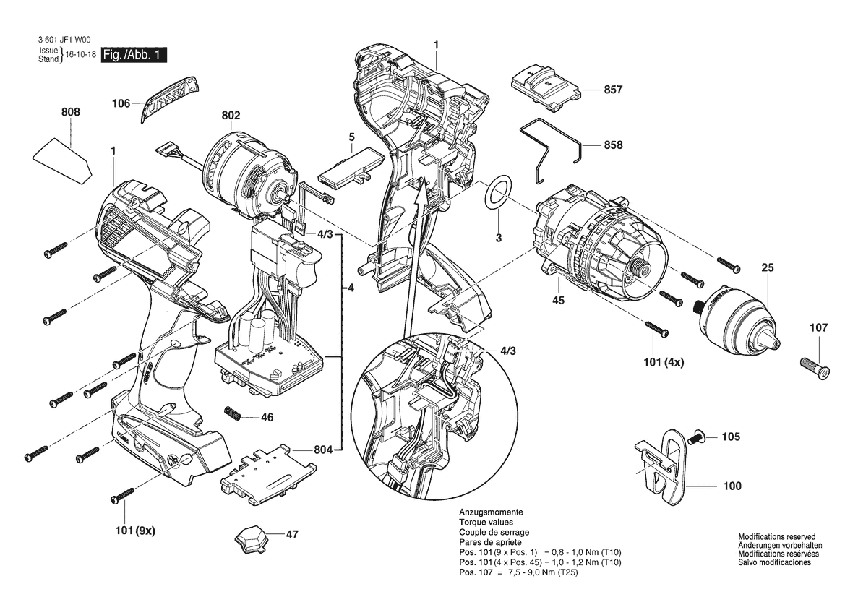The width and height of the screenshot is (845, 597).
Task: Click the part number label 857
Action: [613, 90]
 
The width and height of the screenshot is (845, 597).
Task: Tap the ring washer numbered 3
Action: [497, 192]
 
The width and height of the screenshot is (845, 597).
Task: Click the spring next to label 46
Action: [233, 415]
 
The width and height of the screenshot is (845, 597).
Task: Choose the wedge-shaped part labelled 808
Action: [62, 161]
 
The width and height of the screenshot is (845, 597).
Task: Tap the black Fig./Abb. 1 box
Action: [134, 55]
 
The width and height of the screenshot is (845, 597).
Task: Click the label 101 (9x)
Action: [135, 531]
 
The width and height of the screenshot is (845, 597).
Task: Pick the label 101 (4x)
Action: [664, 363]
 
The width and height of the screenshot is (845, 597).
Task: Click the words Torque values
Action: [486, 522]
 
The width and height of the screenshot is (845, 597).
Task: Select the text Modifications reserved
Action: [776, 537]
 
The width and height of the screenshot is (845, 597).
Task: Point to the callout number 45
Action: [558, 300]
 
